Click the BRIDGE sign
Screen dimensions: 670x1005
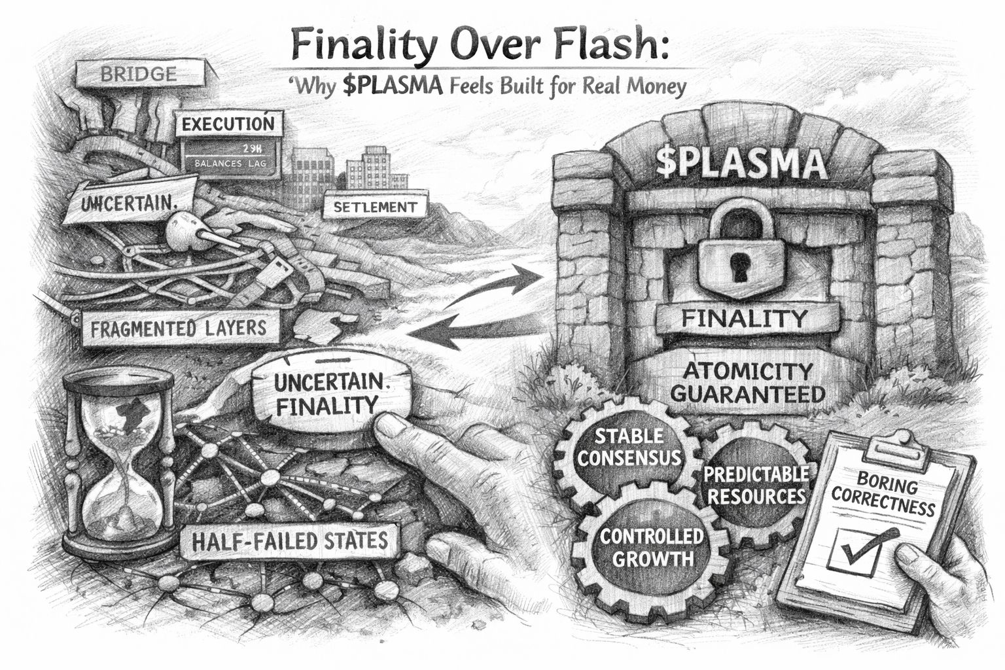pyautogui.click(x=138, y=74)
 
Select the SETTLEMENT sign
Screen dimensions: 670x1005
pyautogui.click(x=375, y=208)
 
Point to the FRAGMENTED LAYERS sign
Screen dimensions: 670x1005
pyautogui.click(x=179, y=327)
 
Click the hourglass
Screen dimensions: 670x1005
pyautogui.click(x=118, y=458)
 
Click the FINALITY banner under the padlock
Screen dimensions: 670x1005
pyautogui.click(x=745, y=319)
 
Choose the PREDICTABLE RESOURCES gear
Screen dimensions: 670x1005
pyautogui.click(x=756, y=484)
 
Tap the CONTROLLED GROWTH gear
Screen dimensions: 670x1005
pyautogui.click(x=652, y=547)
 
